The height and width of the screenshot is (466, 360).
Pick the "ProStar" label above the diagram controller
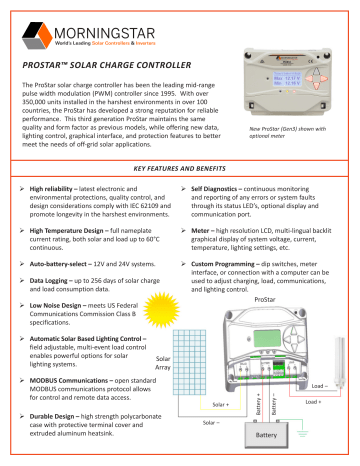coord(264,299)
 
